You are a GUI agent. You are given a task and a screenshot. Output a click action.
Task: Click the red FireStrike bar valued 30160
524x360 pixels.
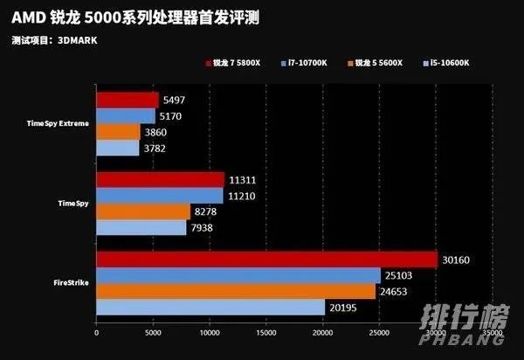tap(266, 260)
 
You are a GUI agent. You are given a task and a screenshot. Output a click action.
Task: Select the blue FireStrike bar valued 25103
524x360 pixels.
tap(238, 276)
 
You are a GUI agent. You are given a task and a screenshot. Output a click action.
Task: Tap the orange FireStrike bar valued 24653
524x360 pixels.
tap(236, 292)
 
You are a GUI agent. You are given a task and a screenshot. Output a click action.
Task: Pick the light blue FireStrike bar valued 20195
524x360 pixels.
tap(210, 308)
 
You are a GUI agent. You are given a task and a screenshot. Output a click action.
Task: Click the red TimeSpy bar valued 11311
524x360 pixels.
tap(160, 180)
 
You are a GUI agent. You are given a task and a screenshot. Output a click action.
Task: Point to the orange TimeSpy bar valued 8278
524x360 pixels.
tap(143, 211)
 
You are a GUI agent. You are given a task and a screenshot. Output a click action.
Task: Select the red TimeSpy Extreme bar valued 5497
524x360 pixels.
tap(128, 100)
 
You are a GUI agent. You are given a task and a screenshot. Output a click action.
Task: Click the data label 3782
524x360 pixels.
tap(154, 149)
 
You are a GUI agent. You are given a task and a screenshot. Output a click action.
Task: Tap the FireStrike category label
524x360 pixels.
tap(69, 284)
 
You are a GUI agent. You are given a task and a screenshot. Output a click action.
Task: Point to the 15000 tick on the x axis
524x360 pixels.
tap(266, 333)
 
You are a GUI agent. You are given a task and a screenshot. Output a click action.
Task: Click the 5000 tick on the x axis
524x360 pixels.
tap(153, 333)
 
